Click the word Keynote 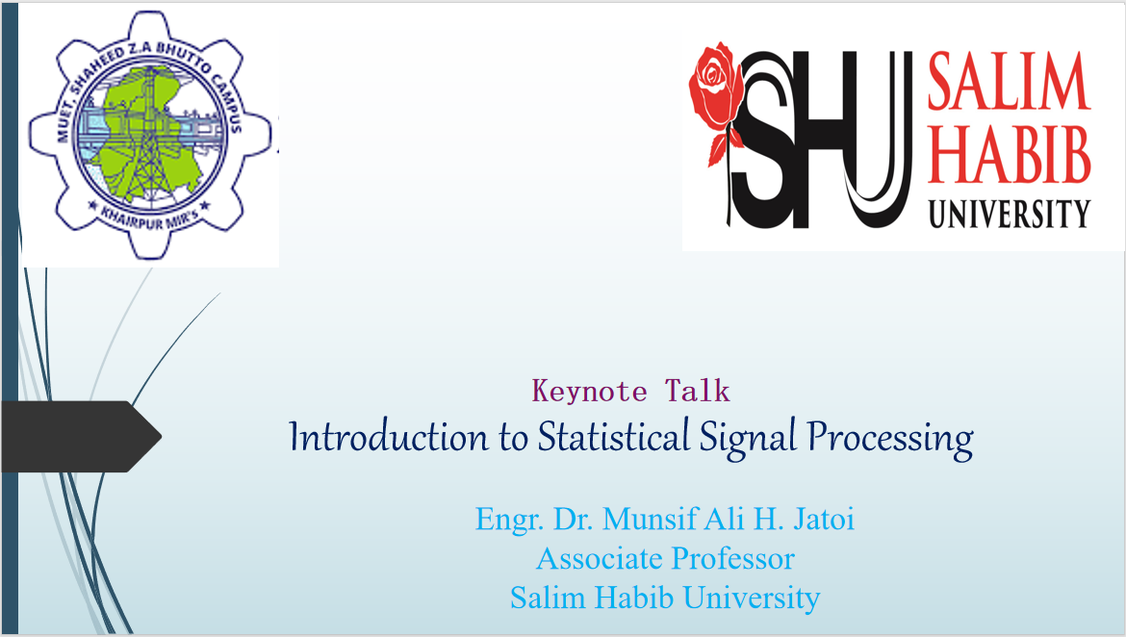pyautogui.click(x=590, y=392)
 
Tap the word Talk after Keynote pyautogui.click(x=698, y=391)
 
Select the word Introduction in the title pyautogui.click(x=389, y=436)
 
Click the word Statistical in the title pyautogui.click(x=614, y=436)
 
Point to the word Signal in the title pyautogui.click(x=749, y=438)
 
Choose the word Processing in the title pyautogui.click(x=890, y=438)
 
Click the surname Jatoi pyautogui.click(x=824, y=519)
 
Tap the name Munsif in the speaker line pyautogui.click(x=650, y=519)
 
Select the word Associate pyautogui.click(x=600, y=558)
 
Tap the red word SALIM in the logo pyautogui.click(x=1009, y=81)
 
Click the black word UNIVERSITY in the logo pyautogui.click(x=1009, y=214)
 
